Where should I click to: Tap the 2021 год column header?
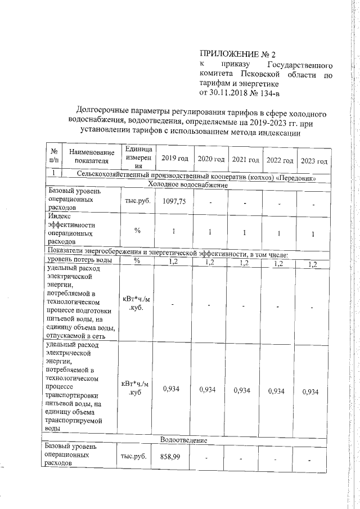pyautogui.click(x=245, y=160)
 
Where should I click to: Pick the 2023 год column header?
pyautogui.click(x=314, y=161)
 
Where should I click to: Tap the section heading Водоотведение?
pyautogui.click(x=184, y=439)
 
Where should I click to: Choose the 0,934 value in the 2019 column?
pyautogui.click(x=172, y=390)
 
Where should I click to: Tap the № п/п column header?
pyautogui.click(x=54, y=156)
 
